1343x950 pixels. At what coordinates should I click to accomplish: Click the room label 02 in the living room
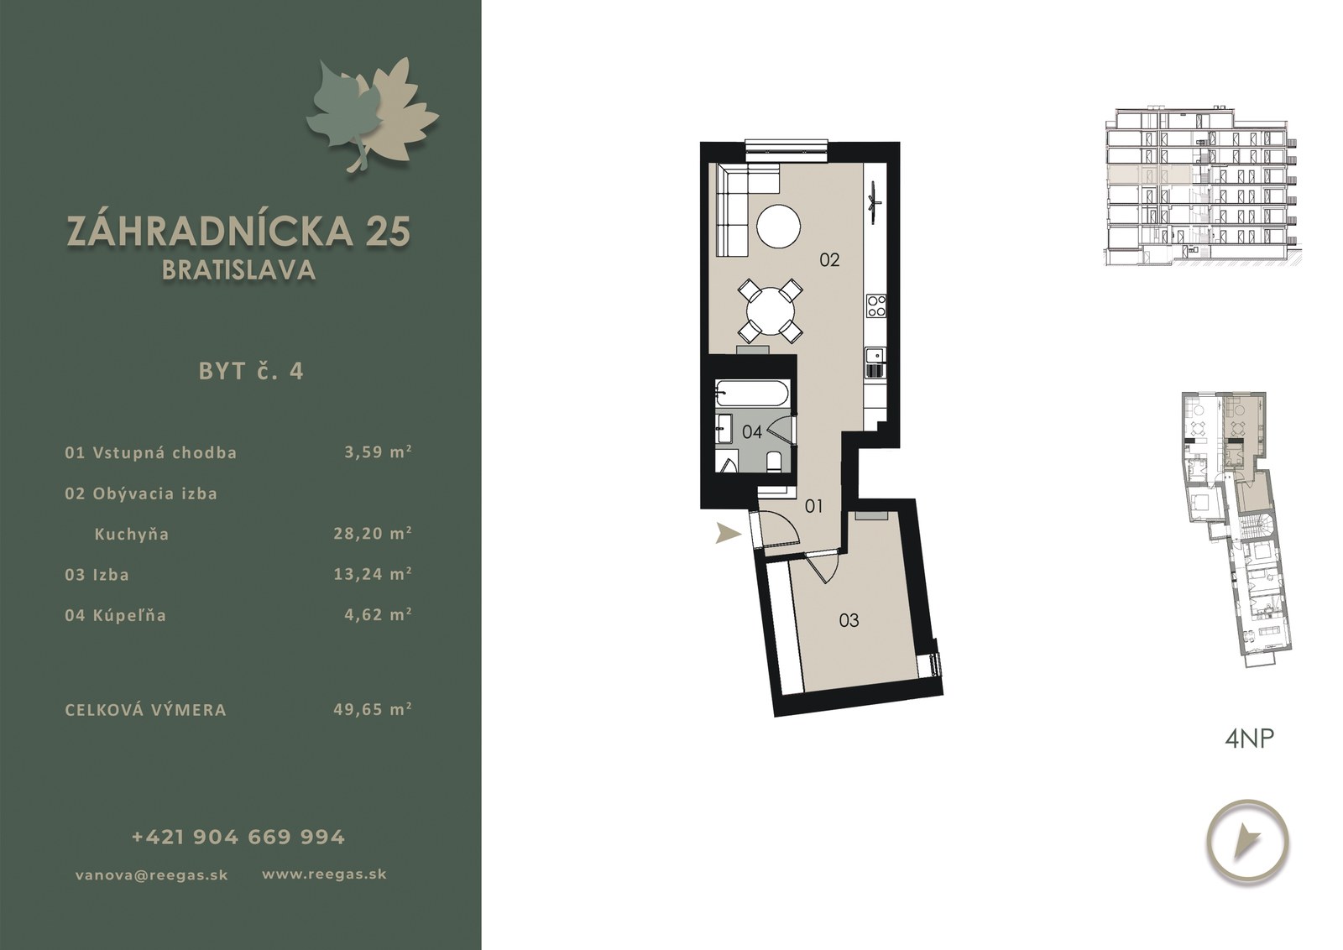click(829, 260)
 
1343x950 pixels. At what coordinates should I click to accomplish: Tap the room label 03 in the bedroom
click(849, 620)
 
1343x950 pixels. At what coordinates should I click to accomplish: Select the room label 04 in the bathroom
click(752, 431)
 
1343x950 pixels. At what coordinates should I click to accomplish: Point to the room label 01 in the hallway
click(813, 506)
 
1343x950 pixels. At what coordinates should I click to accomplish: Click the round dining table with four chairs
click(771, 311)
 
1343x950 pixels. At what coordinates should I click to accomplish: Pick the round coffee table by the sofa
click(778, 227)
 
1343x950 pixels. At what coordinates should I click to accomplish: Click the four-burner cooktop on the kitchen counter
click(876, 305)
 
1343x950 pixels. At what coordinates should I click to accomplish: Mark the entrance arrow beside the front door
click(728, 532)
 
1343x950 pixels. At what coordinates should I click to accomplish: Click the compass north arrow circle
click(1247, 842)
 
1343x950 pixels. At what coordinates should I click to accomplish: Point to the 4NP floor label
click(1249, 739)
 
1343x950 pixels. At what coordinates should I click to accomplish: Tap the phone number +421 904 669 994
click(238, 837)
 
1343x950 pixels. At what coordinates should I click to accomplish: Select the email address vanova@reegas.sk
click(152, 875)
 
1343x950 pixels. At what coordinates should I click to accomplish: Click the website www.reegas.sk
click(324, 874)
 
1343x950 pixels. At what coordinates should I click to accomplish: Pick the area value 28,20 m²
click(373, 533)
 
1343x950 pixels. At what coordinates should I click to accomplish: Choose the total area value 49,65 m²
click(373, 709)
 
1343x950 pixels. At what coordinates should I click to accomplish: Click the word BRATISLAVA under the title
click(238, 270)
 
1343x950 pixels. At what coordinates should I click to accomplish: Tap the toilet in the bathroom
click(775, 461)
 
